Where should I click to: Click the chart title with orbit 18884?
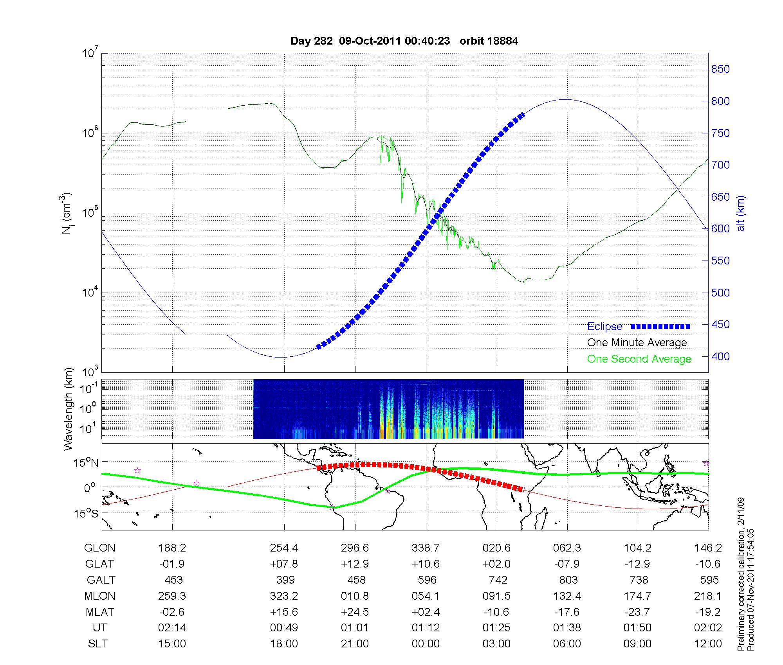coord(404,41)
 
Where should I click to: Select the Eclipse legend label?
coord(604,327)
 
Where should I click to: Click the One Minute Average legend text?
coord(637,343)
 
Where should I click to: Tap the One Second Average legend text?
coord(639,359)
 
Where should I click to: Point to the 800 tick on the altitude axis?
coord(720,101)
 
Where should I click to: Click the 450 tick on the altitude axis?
coord(720,325)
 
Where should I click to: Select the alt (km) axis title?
coord(741,213)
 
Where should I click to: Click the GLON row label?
coord(99,548)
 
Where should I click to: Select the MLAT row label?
coord(99,612)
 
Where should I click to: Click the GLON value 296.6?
coord(355,548)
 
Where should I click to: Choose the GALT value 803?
coord(568,580)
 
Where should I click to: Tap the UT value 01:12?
coord(426,628)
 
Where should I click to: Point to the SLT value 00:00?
coord(426,644)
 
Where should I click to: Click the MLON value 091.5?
coord(496,596)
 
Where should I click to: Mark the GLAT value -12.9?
coord(638,564)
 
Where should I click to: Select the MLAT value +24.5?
coord(355,612)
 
